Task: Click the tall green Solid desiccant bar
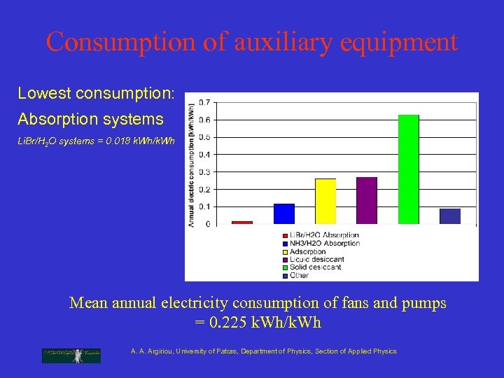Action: pos(408,169)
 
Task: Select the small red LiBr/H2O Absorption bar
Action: pos(241,223)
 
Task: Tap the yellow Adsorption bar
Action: pos(325,201)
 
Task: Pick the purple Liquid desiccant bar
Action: pos(366,200)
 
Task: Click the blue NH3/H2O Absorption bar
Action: pos(283,213)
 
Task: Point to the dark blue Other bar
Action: pos(450,216)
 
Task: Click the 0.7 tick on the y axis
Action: pos(204,102)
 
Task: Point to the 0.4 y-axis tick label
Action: pos(204,155)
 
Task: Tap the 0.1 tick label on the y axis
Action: pos(204,206)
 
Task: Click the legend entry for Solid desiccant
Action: pos(316,267)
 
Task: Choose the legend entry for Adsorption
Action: pos(308,251)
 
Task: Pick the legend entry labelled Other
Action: pos(299,276)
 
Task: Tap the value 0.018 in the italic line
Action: pos(115,141)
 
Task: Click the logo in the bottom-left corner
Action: pos(71,355)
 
